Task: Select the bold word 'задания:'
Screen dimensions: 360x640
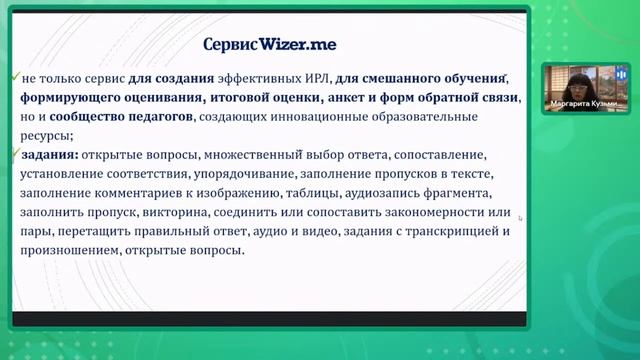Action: tap(46, 156)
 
